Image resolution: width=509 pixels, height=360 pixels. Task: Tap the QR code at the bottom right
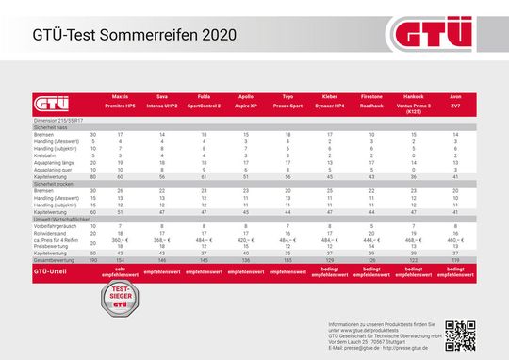click(462, 334)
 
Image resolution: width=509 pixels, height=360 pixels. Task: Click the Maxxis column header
click(121, 97)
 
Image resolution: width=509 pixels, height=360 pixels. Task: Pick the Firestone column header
click(371, 97)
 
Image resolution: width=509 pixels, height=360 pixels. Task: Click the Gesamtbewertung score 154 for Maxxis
click(121, 258)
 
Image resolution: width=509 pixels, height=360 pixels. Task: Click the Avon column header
click(455, 97)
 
